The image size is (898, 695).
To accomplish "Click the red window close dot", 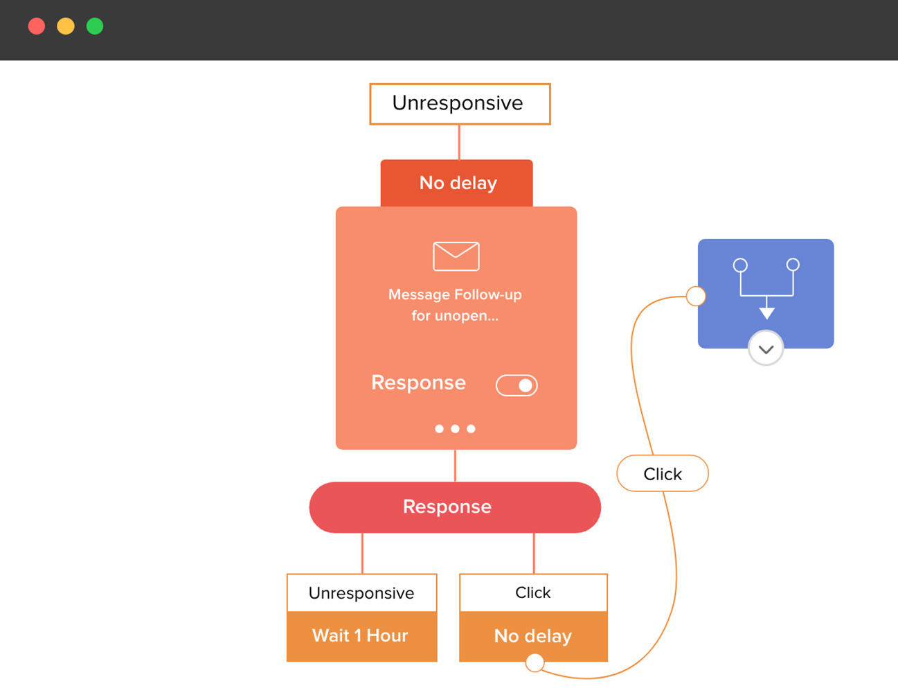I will (x=37, y=26).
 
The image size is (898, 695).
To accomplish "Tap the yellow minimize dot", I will (x=66, y=26).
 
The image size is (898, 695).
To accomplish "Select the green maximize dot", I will (x=95, y=26).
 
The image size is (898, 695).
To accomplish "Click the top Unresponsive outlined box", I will (x=460, y=104).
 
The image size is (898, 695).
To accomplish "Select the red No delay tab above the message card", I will (x=457, y=183).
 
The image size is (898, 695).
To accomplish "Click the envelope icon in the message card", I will (x=456, y=256).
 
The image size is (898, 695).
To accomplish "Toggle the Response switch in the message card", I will (x=517, y=385).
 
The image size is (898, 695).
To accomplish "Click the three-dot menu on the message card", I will (x=455, y=429).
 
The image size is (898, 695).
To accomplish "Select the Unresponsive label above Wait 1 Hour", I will (x=361, y=593).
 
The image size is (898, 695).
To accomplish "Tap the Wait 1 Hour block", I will (x=361, y=636).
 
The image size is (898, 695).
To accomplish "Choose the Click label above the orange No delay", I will (x=533, y=593).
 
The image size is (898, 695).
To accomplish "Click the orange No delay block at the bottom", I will (x=533, y=635).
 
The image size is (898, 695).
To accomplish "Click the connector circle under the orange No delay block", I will (x=535, y=663).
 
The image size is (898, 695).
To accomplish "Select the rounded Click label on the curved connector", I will (x=663, y=474).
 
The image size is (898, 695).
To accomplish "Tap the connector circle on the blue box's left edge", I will (x=696, y=297).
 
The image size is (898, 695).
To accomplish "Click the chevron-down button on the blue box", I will (x=766, y=349).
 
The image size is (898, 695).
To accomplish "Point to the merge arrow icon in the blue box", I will (x=766, y=288).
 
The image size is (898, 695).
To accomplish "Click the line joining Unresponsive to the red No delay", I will (x=459, y=142).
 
